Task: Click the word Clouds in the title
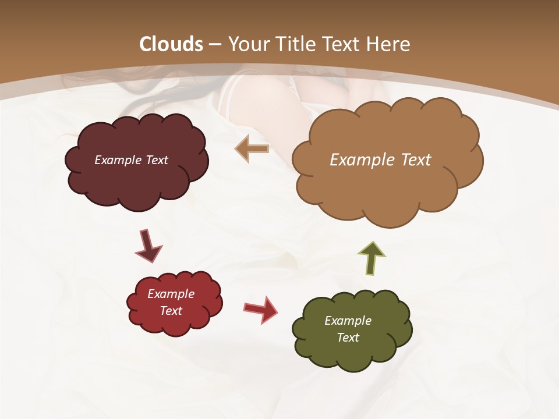171,44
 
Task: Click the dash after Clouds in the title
215,44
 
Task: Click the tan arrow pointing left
253,149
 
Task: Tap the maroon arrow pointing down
148,245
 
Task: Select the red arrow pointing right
261,309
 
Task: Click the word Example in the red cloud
171,294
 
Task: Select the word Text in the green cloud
348,338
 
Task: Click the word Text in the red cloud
171,311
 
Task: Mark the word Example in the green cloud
348,321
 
